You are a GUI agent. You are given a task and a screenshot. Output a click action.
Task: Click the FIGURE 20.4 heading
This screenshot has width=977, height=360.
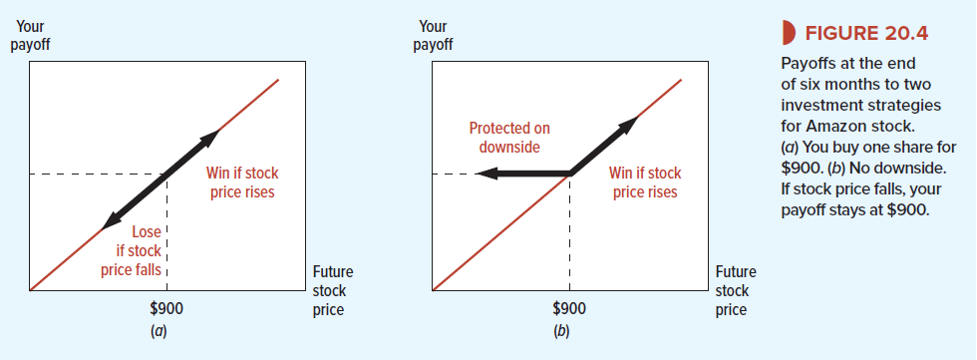(x=866, y=33)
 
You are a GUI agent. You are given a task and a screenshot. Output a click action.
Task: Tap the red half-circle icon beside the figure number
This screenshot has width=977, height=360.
(x=788, y=33)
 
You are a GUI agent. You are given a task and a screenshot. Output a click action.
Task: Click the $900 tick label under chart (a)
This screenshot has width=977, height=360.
(x=166, y=308)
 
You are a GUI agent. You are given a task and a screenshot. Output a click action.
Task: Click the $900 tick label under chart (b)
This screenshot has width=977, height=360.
(x=569, y=308)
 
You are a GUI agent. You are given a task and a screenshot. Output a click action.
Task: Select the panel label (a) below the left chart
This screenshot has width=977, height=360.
(x=160, y=331)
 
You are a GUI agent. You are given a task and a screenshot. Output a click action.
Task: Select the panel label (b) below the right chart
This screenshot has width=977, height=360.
(x=562, y=331)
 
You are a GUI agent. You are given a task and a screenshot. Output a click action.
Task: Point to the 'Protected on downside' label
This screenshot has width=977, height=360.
(x=509, y=138)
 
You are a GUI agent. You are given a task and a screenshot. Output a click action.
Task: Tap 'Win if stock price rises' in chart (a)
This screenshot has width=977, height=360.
(x=241, y=182)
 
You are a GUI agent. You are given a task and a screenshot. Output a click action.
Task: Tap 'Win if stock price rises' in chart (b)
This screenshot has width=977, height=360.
(x=645, y=182)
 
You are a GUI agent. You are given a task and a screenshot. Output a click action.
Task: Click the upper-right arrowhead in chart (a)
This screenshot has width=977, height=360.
(x=210, y=139)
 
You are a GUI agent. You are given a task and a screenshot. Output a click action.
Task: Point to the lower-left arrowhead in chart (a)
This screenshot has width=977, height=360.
(x=111, y=220)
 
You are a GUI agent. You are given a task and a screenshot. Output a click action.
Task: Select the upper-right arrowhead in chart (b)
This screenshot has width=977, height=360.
(x=628, y=124)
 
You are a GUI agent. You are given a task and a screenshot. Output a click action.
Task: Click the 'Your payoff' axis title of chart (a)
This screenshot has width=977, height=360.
(x=30, y=36)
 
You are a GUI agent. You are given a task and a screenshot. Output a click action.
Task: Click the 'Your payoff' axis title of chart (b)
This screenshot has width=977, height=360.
(x=433, y=36)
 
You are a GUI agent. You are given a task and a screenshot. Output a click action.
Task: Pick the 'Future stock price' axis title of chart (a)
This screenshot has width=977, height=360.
(x=332, y=291)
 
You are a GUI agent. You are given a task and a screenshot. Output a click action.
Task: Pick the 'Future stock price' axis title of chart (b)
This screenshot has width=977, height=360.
(x=736, y=291)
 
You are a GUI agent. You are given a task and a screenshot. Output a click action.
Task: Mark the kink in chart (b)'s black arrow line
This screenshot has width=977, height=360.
(x=570, y=174)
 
